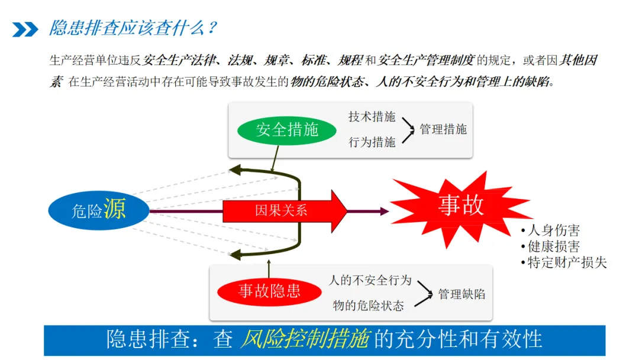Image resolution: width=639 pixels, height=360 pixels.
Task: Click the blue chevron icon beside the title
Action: pyautogui.click(x=25, y=29)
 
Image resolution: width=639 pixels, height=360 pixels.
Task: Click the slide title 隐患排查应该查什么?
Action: pyautogui.click(x=133, y=28)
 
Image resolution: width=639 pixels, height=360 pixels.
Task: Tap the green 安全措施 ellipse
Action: pyautogui.click(x=286, y=130)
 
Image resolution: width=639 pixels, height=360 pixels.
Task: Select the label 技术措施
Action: pyautogui.click(x=372, y=117)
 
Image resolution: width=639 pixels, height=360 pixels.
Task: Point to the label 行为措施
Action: pyautogui.click(x=372, y=142)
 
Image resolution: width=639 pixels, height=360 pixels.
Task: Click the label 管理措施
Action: pyautogui.click(x=443, y=129)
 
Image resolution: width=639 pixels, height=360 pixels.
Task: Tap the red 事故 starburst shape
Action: pyautogui.click(x=460, y=205)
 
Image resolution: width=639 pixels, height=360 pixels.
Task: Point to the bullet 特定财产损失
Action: pyautogui.click(x=566, y=262)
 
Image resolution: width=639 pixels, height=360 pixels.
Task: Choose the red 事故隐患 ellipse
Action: pyautogui.click(x=269, y=291)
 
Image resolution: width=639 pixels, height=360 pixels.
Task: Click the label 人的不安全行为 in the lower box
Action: pyautogui.click(x=370, y=280)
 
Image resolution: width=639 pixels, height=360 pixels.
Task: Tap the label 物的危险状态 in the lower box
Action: pyautogui.click(x=368, y=306)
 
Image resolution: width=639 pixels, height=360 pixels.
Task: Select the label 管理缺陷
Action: pyautogui.click(x=461, y=294)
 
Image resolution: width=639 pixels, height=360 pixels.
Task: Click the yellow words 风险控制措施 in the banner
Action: pyautogui.click(x=305, y=339)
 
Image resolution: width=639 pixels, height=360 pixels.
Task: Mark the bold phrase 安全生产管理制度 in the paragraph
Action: pyautogui.click(x=426, y=60)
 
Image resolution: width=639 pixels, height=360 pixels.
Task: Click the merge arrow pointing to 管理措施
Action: pyautogui.click(x=408, y=130)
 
